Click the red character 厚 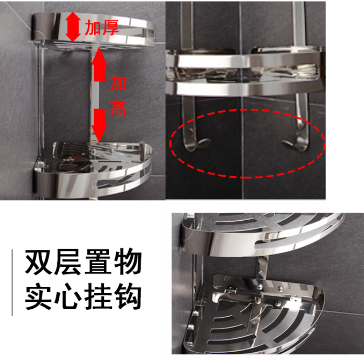[x=111, y=28]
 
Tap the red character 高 [x=118, y=109]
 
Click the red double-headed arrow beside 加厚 [x=73, y=27]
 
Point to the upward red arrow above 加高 [x=99, y=64]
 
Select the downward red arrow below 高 [x=99, y=126]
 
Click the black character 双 [x=38, y=262]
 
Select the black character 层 [x=68, y=262]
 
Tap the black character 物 [x=128, y=262]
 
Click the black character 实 [x=38, y=296]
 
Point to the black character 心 [x=68, y=297]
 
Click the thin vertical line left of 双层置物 [x=12, y=283]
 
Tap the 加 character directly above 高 [x=118, y=83]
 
